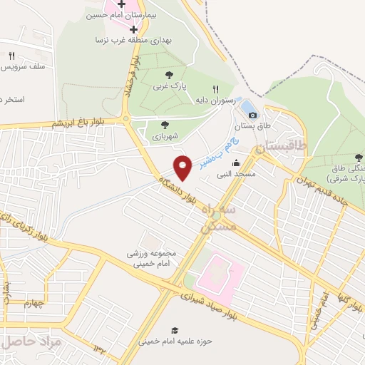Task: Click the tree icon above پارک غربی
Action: [x=169, y=73]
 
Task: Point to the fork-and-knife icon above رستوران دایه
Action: [x=215, y=89]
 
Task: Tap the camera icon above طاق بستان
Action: [x=252, y=114]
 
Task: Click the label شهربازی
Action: [x=165, y=135]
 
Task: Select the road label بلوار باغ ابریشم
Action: [x=78, y=123]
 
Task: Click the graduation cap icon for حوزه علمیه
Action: [x=175, y=329]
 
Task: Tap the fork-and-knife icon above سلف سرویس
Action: [x=11, y=56]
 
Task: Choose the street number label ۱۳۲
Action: [x=98, y=347]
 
